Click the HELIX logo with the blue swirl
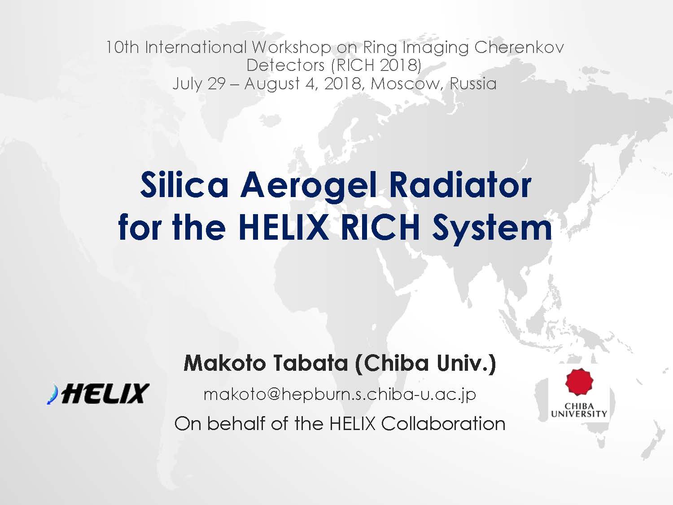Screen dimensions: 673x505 pyautogui.click(x=98, y=393)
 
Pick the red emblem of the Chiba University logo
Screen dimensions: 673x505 pyautogui.click(x=579, y=382)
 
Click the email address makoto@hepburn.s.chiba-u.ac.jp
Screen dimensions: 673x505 pyautogui.click(x=340, y=395)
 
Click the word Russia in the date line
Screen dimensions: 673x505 pyautogui.click(x=473, y=83)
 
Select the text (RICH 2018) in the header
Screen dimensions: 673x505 pyautogui.click(x=376, y=65)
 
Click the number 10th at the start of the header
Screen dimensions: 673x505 pyautogui.click(x=122, y=48)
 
